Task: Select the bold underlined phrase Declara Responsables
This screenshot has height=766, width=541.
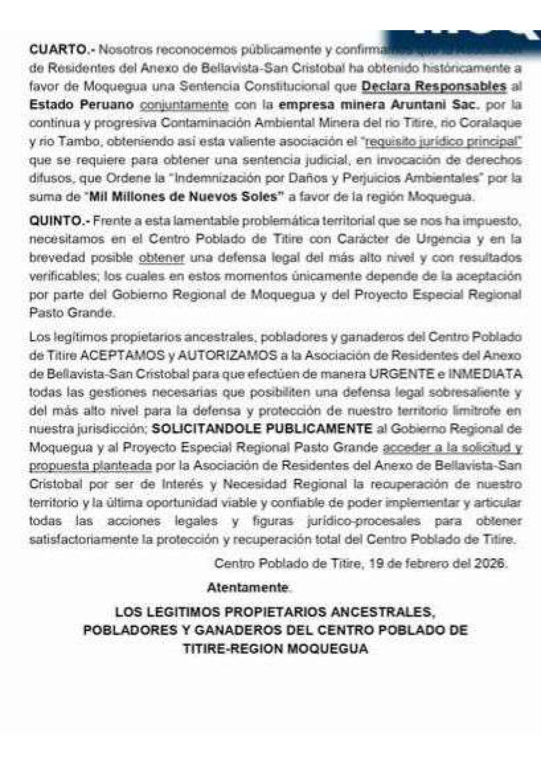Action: point(434,87)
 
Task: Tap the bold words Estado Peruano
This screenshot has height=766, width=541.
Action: point(81,105)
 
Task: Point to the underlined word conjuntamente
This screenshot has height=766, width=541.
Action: point(184,105)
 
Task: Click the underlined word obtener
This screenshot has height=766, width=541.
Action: point(162,258)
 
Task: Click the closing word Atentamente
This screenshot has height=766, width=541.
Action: point(248,588)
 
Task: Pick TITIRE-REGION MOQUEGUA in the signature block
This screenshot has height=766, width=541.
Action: point(275,648)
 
